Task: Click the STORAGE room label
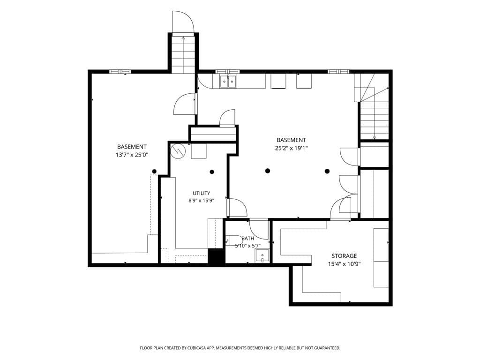(x=344, y=256)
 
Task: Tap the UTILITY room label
(x=202, y=193)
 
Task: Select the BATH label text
(x=247, y=239)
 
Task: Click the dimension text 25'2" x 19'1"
(x=291, y=149)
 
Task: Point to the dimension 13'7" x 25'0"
(x=132, y=155)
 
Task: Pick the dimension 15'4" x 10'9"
(x=344, y=264)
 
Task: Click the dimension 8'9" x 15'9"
(x=201, y=201)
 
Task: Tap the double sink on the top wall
(x=228, y=81)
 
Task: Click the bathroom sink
(x=262, y=256)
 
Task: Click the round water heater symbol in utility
(x=178, y=150)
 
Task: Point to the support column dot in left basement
(x=154, y=172)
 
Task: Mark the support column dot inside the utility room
(x=212, y=172)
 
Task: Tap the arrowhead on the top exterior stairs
(x=183, y=38)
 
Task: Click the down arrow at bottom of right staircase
(x=375, y=138)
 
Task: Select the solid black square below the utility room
(x=216, y=256)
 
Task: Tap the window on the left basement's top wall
(x=120, y=72)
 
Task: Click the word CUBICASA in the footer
(x=199, y=348)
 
